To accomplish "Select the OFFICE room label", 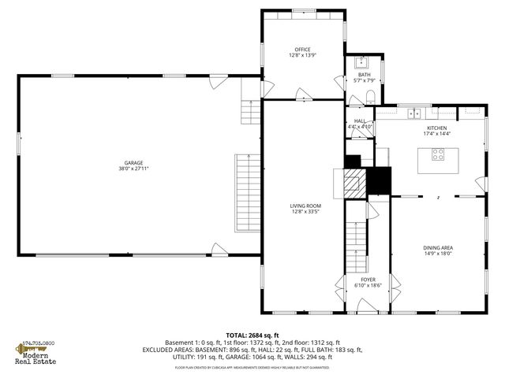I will click(x=304, y=50).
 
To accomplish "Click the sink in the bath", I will click(x=365, y=62).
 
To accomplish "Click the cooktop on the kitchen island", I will click(x=437, y=155).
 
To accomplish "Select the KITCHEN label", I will click(x=437, y=128).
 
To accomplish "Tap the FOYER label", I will click(x=368, y=280).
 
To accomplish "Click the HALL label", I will click(x=360, y=120).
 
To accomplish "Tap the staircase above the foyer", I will click(x=357, y=244).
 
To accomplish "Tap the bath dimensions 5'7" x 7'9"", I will click(x=364, y=80).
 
